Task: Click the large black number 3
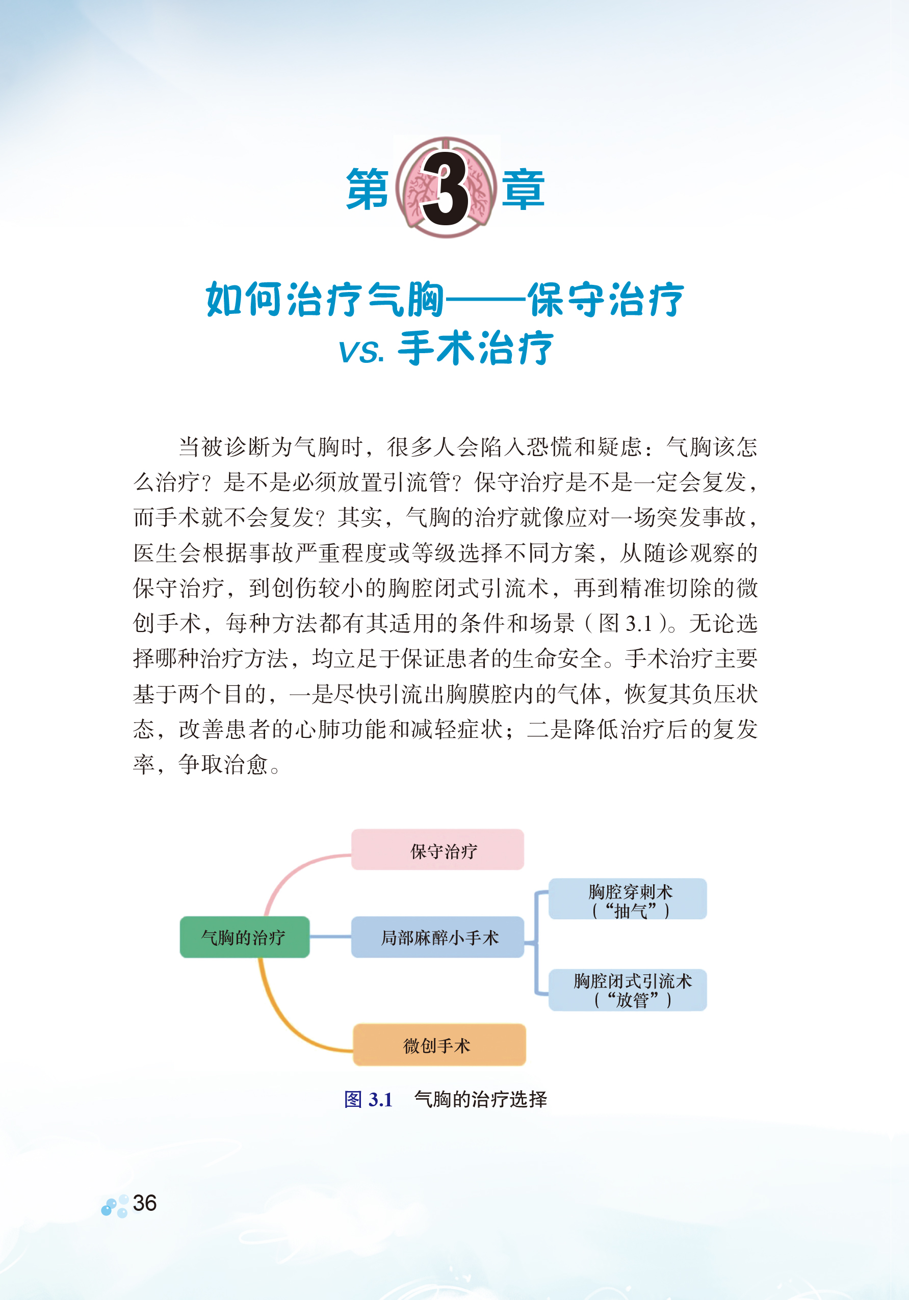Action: pos(446,189)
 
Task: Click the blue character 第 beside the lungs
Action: pos(368,189)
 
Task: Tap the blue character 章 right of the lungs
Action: pos(523,189)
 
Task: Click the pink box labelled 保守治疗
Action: pos(437,850)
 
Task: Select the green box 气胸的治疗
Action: pos(244,937)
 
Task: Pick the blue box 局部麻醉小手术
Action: pos(437,937)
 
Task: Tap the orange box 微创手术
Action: pos(439,1045)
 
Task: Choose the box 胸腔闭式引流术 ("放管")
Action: pos(628,990)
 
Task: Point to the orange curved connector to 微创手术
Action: pos(283,1014)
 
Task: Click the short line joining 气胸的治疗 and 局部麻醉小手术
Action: pos(330,937)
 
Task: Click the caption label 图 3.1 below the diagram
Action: pos(368,1099)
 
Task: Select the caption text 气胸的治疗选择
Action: pos(480,1099)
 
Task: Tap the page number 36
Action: pos(144,1203)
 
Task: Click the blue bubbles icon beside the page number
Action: pos(115,1206)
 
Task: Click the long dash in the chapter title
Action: pos(485,300)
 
